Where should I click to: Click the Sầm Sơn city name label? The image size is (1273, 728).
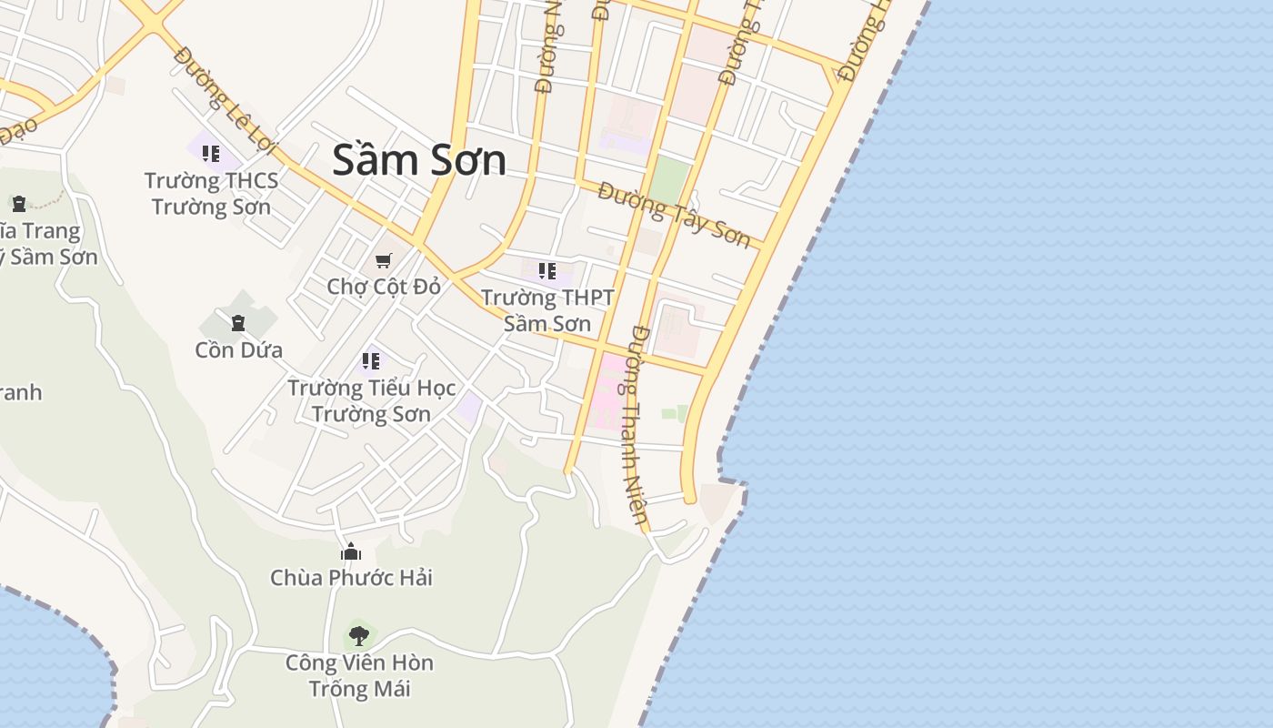click(419, 160)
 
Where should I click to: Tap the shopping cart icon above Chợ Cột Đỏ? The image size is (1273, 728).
click(384, 260)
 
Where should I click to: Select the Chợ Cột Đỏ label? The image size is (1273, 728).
click(384, 287)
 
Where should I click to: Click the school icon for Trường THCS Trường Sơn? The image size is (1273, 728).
click(211, 154)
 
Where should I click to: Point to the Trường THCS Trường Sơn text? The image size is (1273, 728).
click(211, 194)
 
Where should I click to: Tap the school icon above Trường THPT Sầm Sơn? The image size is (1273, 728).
click(547, 270)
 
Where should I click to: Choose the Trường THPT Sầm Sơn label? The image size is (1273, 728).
click(547, 310)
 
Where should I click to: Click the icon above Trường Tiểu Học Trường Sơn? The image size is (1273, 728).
click(371, 360)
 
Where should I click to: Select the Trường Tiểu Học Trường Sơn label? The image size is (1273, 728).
click(371, 400)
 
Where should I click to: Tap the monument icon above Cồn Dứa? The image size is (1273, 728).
click(238, 322)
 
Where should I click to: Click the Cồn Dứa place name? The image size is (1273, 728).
click(238, 349)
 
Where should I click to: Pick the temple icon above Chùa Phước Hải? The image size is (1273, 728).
click(351, 551)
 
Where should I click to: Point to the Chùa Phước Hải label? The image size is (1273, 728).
click(351, 577)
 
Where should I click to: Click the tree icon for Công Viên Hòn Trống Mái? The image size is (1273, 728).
click(359, 634)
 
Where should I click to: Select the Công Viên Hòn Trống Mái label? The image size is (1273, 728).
click(359, 674)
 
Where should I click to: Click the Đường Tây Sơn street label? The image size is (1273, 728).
click(674, 215)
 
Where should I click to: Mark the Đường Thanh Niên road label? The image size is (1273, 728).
click(638, 428)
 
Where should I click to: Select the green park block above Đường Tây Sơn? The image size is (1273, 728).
click(669, 180)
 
